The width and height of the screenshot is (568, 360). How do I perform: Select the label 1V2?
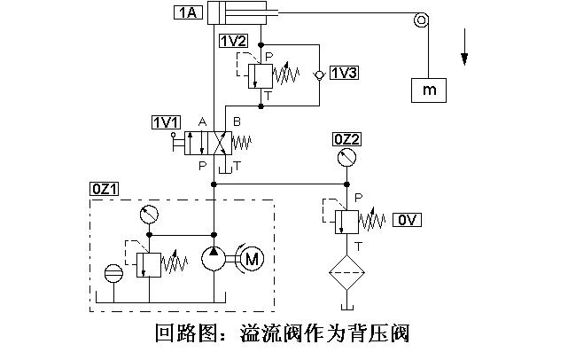(233, 40)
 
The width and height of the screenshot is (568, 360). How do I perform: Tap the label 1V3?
(343, 73)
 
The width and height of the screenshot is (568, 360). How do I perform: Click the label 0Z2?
(346, 139)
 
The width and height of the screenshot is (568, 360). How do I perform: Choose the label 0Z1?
(105, 189)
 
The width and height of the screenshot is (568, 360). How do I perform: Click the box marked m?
(428, 90)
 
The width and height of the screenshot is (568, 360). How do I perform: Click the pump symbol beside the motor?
(214, 259)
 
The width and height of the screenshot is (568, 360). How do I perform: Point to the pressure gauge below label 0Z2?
(346, 160)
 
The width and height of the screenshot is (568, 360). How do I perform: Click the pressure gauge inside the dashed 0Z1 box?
(150, 214)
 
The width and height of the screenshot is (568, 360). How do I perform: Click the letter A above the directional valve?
(203, 121)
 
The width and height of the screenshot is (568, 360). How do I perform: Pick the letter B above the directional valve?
(236, 121)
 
